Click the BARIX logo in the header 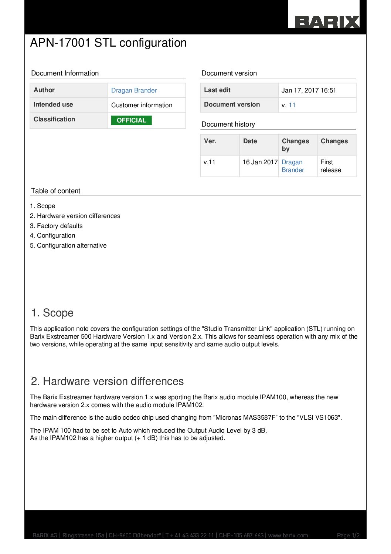click(x=327, y=22)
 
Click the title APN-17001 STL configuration click(x=108, y=43)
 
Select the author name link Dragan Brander click(x=134, y=90)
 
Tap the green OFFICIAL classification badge click(x=131, y=120)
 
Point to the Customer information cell click(x=142, y=105)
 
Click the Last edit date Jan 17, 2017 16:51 click(x=309, y=90)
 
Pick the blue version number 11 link click(x=292, y=105)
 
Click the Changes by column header click(x=295, y=145)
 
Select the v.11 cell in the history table click(x=210, y=162)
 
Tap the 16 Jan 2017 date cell click(x=260, y=162)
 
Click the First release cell click(x=330, y=166)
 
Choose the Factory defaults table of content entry click(x=59, y=226)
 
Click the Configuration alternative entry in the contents click(x=71, y=245)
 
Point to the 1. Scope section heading click(x=52, y=313)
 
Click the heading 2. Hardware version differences click(x=107, y=382)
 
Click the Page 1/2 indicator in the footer click(x=348, y=535)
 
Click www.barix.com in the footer click(x=288, y=535)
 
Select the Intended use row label click(x=53, y=104)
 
